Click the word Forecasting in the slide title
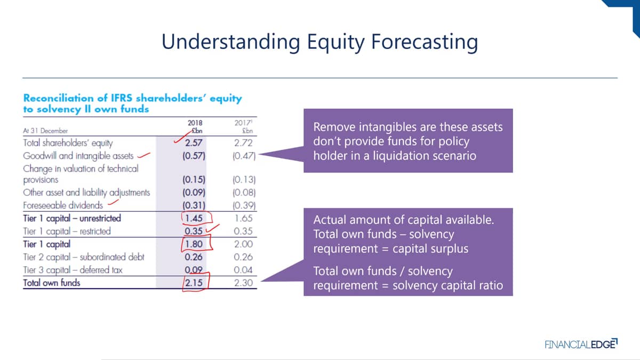(x=425, y=42)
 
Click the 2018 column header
(x=195, y=123)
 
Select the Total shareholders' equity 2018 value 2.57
(x=194, y=142)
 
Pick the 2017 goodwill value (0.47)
(x=244, y=156)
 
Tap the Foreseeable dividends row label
(x=63, y=205)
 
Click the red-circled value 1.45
(x=194, y=218)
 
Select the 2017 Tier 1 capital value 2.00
(x=243, y=244)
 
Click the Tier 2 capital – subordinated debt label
(x=83, y=257)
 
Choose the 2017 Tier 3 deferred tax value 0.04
(x=243, y=270)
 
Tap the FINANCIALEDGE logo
(x=581, y=343)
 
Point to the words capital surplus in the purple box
(x=430, y=249)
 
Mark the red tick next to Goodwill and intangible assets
(x=143, y=155)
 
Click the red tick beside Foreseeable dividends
(x=113, y=202)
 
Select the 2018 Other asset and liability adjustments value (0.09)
(x=194, y=193)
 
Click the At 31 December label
(x=45, y=131)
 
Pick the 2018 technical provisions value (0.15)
(x=194, y=179)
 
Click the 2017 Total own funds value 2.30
(x=243, y=283)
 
